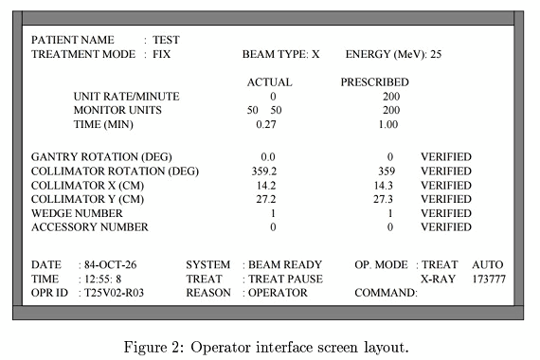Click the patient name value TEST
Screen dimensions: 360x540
pyautogui.click(x=166, y=41)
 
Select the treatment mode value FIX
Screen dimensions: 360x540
pyautogui.click(x=163, y=55)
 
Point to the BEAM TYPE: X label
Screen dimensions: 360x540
pyautogui.click(x=281, y=55)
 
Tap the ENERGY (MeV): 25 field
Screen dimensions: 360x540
pyautogui.click(x=393, y=55)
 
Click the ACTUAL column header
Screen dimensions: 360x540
pyautogui.click(x=269, y=82)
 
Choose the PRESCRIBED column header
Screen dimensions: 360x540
pyautogui.click(x=375, y=82)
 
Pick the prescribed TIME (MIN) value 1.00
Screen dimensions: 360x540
pyautogui.click(x=387, y=125)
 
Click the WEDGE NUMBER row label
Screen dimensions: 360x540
pyautogui.click(x=79, y=214)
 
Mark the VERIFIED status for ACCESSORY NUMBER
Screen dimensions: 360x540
pyautogui.click(x=446, y=228)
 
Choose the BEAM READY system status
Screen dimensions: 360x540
pyautogui.click(x=285, y=264)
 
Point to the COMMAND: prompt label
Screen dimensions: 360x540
pyautogui.click(x=386, y=294)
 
